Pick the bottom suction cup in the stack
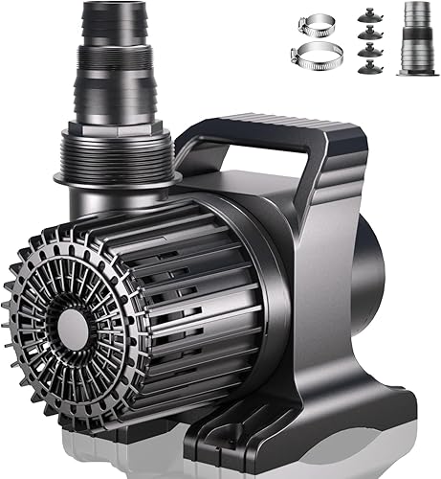365,68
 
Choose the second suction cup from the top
365,34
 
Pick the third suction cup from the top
365,51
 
